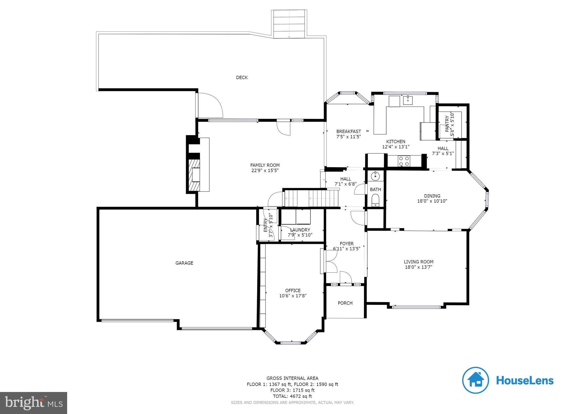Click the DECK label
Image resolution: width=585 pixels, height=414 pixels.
tap(242, 77)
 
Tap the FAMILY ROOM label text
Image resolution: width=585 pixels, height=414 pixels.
tap(265, 165)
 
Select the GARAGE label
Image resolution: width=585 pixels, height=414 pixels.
tap(184, 263)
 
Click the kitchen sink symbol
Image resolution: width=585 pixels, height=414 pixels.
tap(408, 100)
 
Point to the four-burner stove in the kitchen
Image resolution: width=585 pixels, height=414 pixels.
tap(404, 161)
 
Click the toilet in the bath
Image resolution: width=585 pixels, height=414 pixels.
tap(375, 199)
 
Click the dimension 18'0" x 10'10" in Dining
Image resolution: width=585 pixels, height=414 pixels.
tap(432, 201)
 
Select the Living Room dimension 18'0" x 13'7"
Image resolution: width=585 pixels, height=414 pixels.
tap(418, 267)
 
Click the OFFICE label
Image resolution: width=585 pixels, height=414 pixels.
tap(293, 290)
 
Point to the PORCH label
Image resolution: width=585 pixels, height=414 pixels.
tap(345, 303)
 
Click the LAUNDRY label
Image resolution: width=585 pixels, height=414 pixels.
tap(300, 230)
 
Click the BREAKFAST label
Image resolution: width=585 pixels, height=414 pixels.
tap(348, 132)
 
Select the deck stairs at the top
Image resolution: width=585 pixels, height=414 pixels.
tap(289, 24)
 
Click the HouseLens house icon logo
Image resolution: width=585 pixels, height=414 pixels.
tap(476, 380)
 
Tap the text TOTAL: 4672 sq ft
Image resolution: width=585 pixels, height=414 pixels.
tap(292, 396)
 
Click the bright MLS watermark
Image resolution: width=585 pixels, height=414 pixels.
tap(33, 403)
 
